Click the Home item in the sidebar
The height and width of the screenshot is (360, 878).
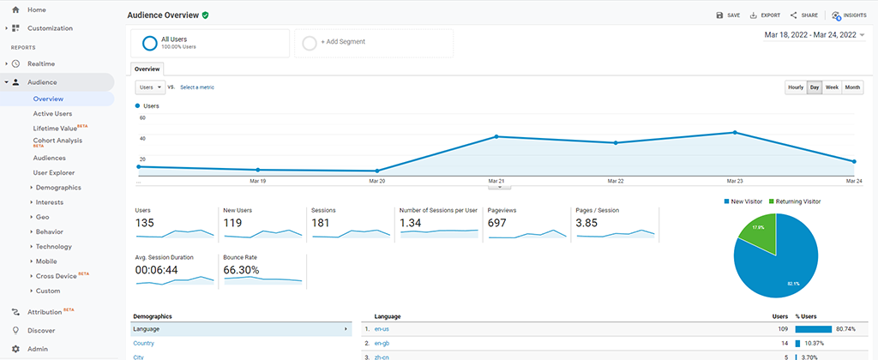pyautogui.click(x=36, y=9)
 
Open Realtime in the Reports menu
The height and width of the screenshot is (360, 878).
pyautogui.click(x=41, y=63)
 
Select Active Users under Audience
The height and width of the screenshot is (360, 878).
pyautogui.click(x=52, y=113)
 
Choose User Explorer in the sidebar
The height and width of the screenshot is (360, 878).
pyautogui.click(x=54, y=172)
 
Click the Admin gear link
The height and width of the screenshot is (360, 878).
pyautogui.click(x=37, y=349)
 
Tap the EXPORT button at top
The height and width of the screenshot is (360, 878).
pyautogui.click(x=765, y=15)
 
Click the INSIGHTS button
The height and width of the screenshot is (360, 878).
pyautogui.click(x=849, y=15)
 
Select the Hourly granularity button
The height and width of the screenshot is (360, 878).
pyautogui.click(x=796, y=87)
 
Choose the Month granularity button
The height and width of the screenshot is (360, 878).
pyautogui.click(x=852, y=87)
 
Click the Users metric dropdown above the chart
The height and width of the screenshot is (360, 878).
pyautogui.click(x=150, y=87)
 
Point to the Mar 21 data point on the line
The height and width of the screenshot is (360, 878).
pyautogui.click(x=496, y=136)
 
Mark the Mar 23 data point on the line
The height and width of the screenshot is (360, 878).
pyautogui.click(x=735, y=132)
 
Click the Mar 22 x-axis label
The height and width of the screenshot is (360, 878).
pyautogui.click(x=615, y=181)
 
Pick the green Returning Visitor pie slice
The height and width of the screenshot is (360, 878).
pyautogui.click(x=759, y=232)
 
